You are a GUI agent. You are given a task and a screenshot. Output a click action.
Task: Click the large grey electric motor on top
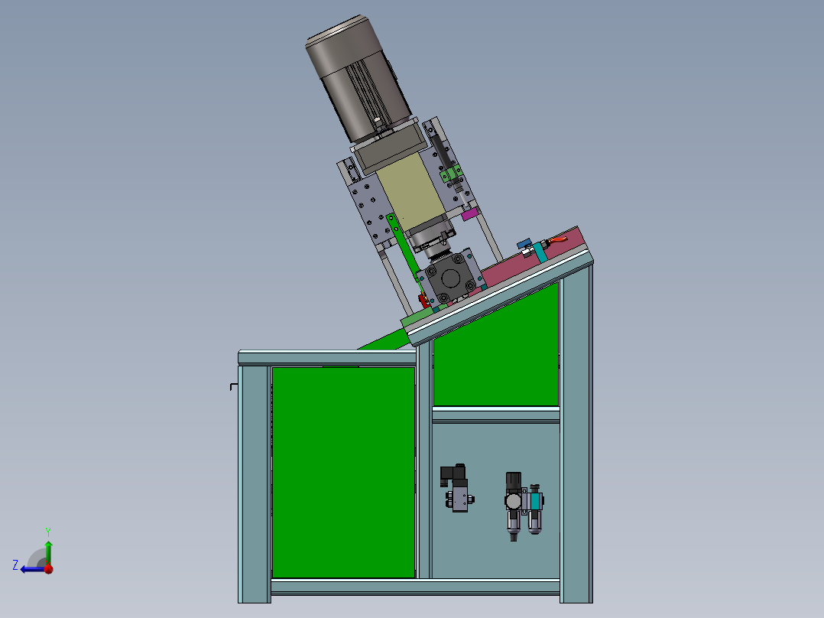point(355,76)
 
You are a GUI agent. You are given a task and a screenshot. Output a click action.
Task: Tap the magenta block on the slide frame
point(470,214)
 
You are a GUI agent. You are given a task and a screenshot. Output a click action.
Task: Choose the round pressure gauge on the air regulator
point(511,501)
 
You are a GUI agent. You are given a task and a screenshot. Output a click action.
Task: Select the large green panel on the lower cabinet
point(343,470)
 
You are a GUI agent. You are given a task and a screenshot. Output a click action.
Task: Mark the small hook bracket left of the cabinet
point(233,386)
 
